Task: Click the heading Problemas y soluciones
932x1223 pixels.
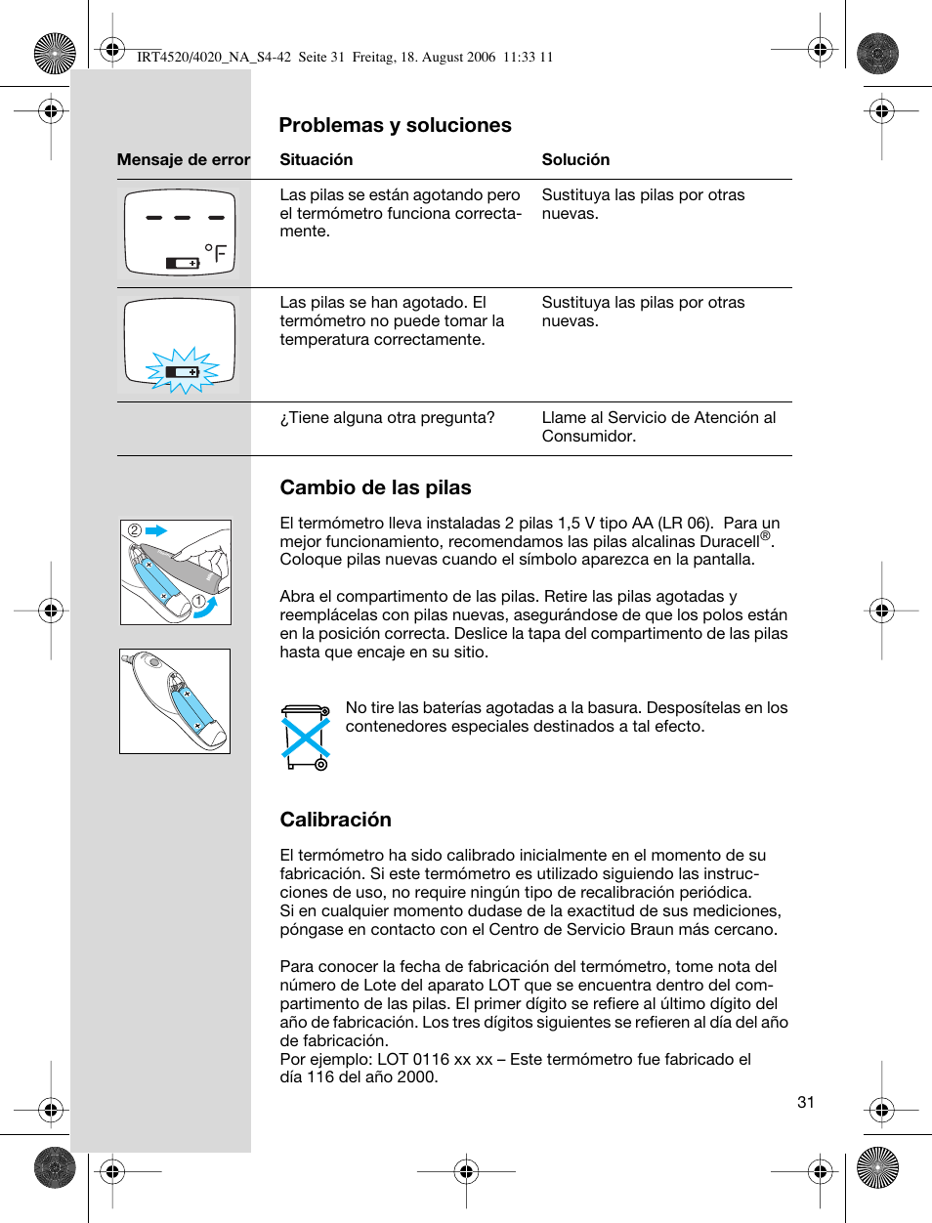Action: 395,125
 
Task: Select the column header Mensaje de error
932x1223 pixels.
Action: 184,160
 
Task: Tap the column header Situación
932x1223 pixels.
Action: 316,160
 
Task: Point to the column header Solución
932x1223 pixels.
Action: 575,160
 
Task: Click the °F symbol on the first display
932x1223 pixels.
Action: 216,255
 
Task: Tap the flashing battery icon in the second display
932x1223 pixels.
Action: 183,372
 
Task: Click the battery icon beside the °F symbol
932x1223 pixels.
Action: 182,263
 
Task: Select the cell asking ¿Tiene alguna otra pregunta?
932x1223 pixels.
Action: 387,418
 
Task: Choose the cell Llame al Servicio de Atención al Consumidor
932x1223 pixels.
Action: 658,427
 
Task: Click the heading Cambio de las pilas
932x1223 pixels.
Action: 375,487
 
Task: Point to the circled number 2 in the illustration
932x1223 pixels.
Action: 135,530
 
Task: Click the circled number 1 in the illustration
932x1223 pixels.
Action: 198,601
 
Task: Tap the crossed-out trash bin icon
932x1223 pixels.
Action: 306,737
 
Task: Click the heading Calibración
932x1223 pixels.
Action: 335,820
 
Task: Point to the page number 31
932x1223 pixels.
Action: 805,1102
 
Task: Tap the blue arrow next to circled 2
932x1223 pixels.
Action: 156,530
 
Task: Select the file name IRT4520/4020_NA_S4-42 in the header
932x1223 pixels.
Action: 214,58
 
